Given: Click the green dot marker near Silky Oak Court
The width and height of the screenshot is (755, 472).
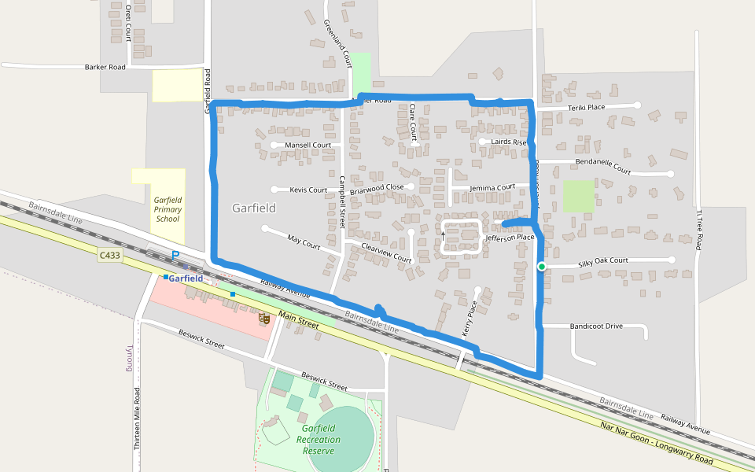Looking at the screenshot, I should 542,267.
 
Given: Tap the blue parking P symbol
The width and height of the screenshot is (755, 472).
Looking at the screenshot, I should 175,256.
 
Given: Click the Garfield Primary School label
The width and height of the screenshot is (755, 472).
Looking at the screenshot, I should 168,209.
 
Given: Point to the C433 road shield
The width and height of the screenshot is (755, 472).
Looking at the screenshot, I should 110,255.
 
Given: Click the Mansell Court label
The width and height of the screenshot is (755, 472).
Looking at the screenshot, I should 308,146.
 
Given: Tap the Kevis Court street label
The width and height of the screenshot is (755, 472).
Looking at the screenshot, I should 308,190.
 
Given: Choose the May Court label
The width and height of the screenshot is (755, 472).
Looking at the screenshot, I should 304,242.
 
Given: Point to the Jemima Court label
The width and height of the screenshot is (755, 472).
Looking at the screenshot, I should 492,188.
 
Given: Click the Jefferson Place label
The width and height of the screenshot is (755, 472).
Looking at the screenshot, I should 510,237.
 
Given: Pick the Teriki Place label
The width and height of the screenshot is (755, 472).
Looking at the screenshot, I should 586,107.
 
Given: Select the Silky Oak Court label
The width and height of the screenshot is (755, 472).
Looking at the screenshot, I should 603,260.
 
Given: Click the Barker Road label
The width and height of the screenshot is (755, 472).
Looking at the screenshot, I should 105,68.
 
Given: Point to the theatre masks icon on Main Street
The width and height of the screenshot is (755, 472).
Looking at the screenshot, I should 265,319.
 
